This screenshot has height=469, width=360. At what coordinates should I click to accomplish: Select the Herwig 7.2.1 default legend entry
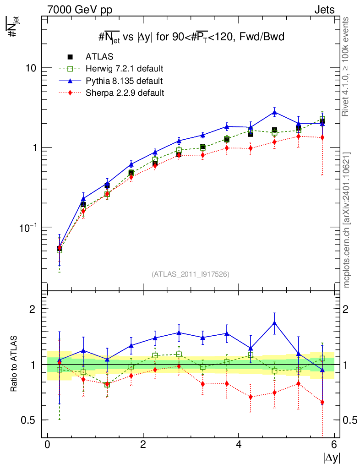pyautogui.click(x=124, y=69)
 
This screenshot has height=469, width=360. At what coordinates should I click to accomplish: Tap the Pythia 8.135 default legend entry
pyautogui.click(x=124, y=81)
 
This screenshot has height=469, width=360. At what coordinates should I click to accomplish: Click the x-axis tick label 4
pyautogui.click(x=239, y=445)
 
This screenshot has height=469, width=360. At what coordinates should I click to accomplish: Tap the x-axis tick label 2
pyautogui.click(x=143, y=445)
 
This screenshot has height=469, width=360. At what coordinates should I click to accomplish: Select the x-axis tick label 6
pyautogui.click(x=334, y=445)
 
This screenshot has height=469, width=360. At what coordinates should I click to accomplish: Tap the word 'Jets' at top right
pyautogui.click(x=324, y=10)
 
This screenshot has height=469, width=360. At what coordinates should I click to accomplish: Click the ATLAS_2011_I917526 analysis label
pyautogui.click(x=191, y=274)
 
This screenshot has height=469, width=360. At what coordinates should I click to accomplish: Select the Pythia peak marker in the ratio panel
pyautogui.click(x=274, y=323)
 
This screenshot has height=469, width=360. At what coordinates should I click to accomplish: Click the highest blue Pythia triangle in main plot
pyautogui.click(x=274, y=112)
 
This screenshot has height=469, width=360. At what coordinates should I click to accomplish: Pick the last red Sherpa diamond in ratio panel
pyautogui.click(x=322, y=403)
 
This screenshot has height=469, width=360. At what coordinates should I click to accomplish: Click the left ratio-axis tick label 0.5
pyautogui.click(x=30, y=420)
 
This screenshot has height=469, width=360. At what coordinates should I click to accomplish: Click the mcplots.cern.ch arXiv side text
pyautogui.click(x=347, y=220)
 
